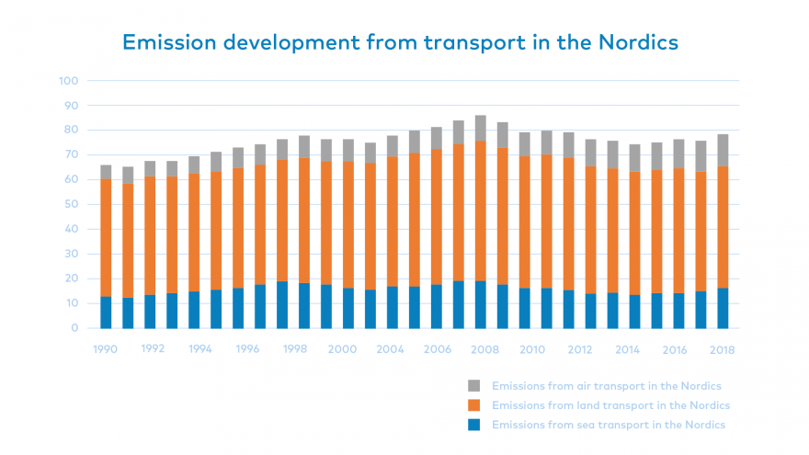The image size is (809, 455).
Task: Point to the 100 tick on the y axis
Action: (x=69, y=81)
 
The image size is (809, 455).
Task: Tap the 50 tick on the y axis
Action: (x=72, y=204)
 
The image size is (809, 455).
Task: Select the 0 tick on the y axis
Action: (x=74, y=328)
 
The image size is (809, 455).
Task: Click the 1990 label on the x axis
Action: (x=107, y=350)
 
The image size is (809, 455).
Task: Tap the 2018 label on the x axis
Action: (x=723, y=350)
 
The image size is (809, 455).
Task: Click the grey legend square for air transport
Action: (x=474, y=386)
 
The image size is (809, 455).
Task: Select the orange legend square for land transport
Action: (x=474, y=405)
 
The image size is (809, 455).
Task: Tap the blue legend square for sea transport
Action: (x=474, y=425)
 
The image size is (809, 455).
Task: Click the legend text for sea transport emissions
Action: (x=609, y=425)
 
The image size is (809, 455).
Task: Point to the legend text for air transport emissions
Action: (x=607, y=386)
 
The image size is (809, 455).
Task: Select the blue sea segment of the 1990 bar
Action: (x=107, y=313)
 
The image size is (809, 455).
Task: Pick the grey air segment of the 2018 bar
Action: (x=723, y=151)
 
